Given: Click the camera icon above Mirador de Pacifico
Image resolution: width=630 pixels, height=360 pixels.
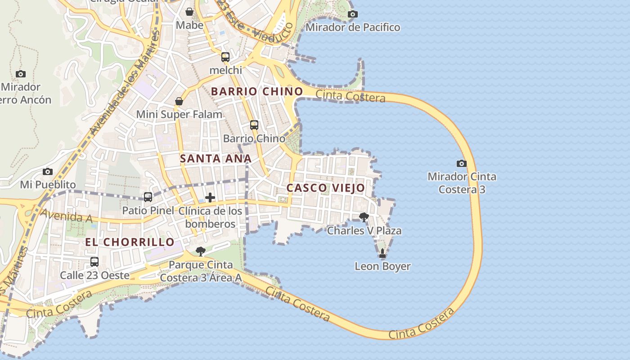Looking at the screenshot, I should [353, 14].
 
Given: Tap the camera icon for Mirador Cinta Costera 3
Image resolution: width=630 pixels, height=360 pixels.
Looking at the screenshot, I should [461, 163].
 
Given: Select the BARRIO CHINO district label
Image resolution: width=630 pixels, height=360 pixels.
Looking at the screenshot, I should [257, 91].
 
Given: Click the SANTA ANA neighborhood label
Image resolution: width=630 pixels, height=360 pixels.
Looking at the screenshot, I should [216, 158].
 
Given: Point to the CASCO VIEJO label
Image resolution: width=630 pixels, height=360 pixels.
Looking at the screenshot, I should [326, 188].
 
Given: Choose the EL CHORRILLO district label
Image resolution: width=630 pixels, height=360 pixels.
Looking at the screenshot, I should [130, 242].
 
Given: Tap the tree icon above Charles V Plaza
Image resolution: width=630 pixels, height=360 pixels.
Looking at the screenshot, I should [364, 218].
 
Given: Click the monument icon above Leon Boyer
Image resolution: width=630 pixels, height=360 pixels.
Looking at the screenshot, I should [382, 253].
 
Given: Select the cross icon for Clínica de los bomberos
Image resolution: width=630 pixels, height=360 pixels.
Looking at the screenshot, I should [210, 198].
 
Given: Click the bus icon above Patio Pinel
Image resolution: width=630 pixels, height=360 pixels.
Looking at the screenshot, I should [148, 197].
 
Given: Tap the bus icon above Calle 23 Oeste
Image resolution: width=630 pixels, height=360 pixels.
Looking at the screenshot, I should [94, 262].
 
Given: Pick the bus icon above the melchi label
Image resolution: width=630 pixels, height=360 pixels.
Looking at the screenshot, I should [225, 57].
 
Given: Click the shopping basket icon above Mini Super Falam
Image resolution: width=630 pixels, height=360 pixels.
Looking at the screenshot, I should [179, 101].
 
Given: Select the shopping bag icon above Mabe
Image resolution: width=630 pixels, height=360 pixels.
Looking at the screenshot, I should [189, 12].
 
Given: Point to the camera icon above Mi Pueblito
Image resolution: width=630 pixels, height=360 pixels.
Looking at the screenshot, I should [48, 171].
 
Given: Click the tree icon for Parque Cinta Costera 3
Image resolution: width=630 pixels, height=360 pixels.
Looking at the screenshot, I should [201, 252].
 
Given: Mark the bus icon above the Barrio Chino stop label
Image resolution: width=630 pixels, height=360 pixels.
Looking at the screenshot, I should [254, 125].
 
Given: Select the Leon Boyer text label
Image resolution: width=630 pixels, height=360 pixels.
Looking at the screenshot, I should [382, 266].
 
